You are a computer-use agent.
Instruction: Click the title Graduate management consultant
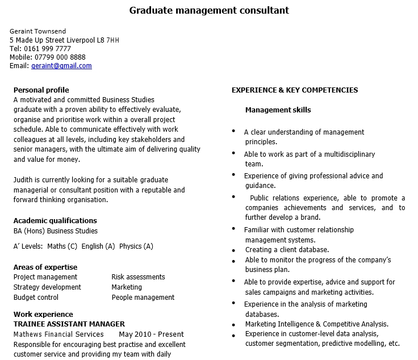click(x=209, y=10)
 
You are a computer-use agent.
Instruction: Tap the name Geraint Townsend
click(x=37, y=31)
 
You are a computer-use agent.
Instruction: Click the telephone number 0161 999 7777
click(x=48, y=49)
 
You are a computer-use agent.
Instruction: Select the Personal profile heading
click(x=41, y=90)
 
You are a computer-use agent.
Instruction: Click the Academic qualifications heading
click(x=55, y=220)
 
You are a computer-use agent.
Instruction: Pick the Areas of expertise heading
click(x=45, y=267)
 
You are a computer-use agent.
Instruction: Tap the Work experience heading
click(x=43, y=314)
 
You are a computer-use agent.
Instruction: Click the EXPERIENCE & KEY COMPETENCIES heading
click(x=295, y=90)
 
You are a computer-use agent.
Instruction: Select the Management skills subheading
click(x=278, y=110)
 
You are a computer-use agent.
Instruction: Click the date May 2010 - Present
click(x=152, y=334)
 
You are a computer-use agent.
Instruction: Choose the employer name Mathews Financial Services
click(x=58, y=334)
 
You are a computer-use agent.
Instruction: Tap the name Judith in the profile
click(x=23, y=179)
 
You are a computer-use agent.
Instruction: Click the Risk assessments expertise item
click(x=138, y=277)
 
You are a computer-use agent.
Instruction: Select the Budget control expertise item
click(x=36, y=297)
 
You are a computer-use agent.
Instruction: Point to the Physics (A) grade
click(x=136, y=246)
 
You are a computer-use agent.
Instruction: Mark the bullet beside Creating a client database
click(x=234, y=250)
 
